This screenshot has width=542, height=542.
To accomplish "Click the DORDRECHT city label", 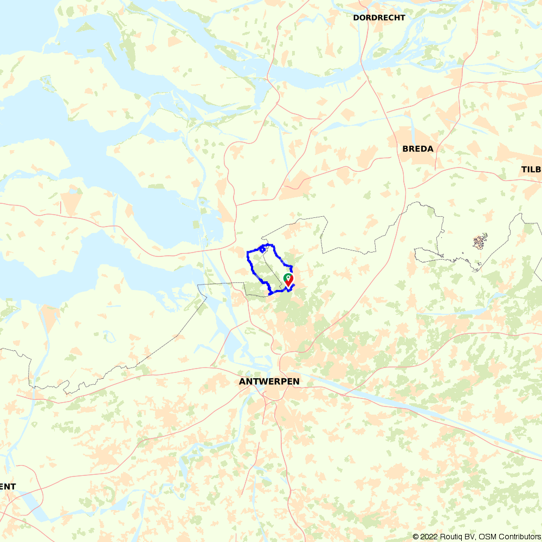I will coord(379,18).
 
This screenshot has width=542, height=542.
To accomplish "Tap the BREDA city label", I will coord(418,149).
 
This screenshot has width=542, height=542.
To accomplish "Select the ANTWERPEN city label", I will coord(269,382).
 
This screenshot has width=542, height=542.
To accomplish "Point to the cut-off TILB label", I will coord(531,170).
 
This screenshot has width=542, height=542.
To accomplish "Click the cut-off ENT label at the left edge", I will coord(8,486).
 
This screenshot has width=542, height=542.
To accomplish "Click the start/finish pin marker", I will coord(288,280).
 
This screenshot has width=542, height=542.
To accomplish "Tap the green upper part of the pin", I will coord(288,276).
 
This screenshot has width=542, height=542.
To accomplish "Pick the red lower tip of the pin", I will coord(289,284).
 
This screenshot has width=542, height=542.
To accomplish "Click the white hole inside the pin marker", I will coord(288,277).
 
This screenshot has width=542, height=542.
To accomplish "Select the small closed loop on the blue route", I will coord(262,249).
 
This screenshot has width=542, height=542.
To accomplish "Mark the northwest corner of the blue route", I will coord(248,253).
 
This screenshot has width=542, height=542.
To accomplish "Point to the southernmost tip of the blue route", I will coord(269,294).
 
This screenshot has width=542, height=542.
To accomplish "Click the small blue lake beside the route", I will coord(262,250).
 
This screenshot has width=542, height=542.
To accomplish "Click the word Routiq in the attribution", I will coord(456,537).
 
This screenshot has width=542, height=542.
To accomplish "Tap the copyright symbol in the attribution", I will coord(416,537).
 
